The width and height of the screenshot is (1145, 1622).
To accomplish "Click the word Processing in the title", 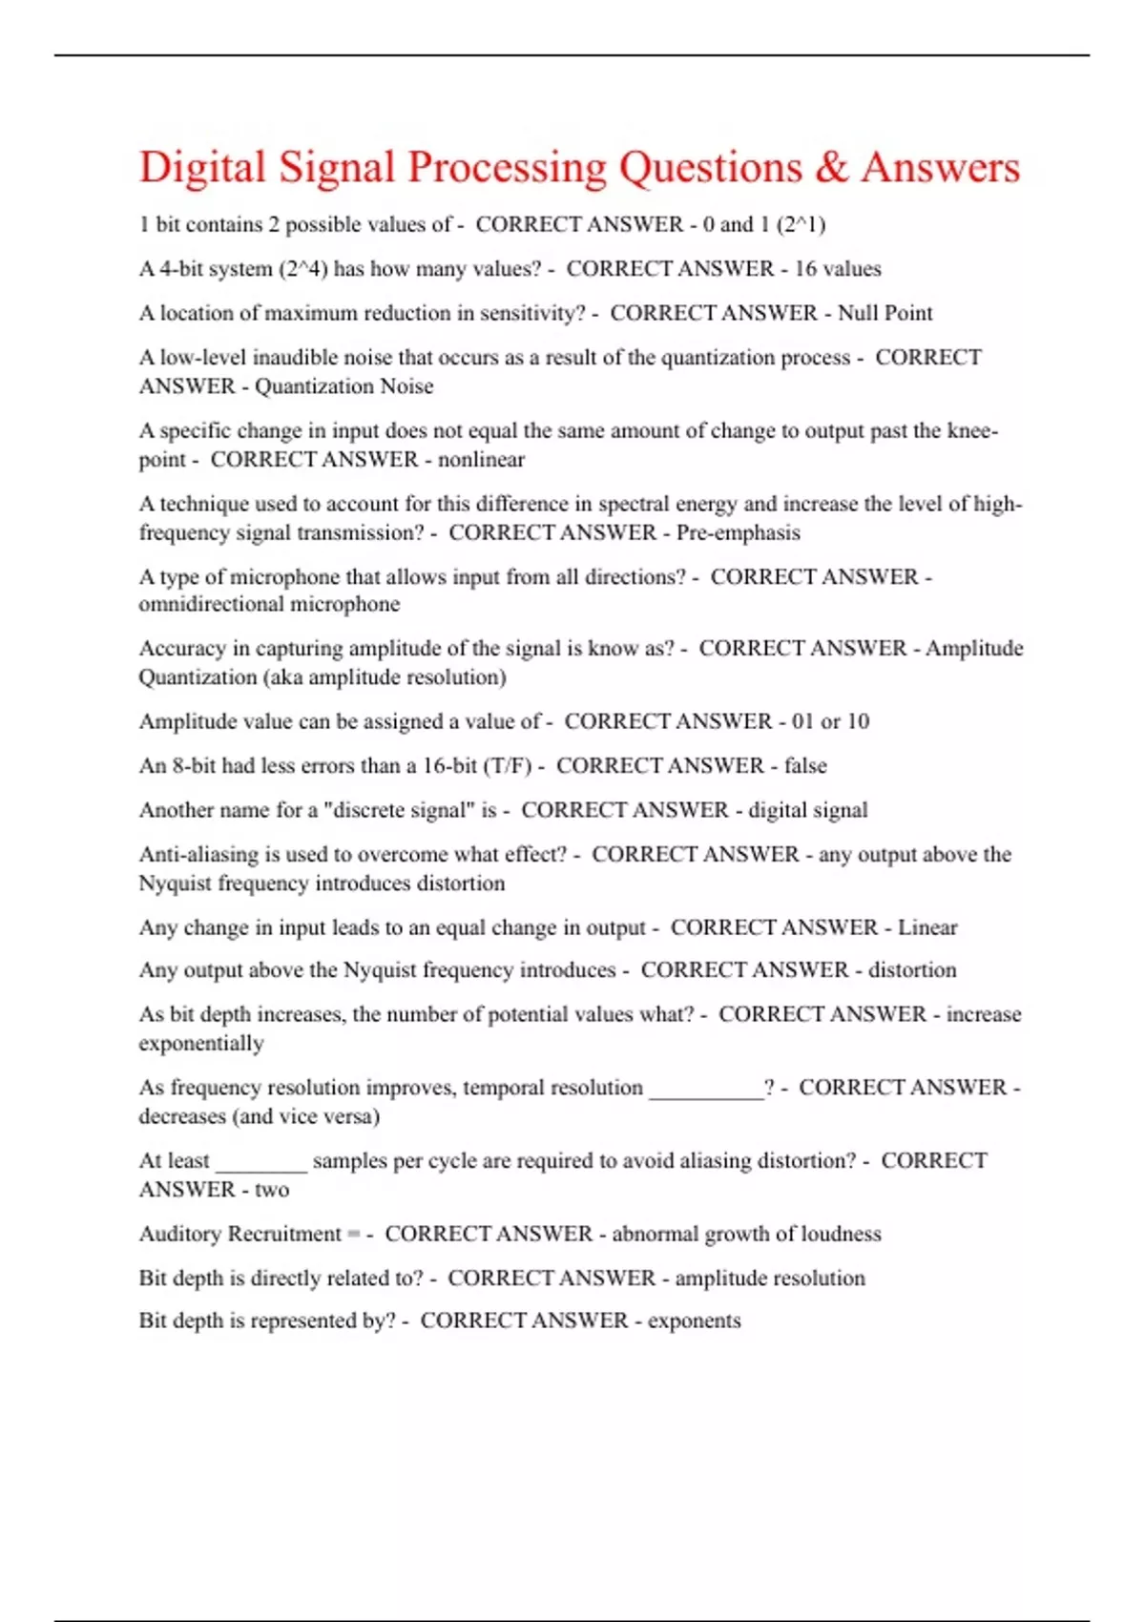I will tap(507, 168).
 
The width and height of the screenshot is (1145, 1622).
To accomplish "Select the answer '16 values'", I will tap(838, 269).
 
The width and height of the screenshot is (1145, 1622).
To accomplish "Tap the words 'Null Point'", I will tap(885, 313).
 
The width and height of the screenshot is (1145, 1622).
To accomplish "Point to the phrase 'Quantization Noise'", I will tap(343, 386).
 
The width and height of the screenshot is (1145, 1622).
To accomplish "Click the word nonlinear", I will tap(481, 460).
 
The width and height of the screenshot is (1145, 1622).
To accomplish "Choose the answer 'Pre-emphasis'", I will tap(738, 532).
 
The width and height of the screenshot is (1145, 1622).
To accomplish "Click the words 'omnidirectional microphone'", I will tap(269, 604).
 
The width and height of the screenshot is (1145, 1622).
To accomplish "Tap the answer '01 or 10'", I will tap(830, 721).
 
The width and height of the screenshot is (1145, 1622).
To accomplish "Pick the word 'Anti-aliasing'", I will tap(198, 854).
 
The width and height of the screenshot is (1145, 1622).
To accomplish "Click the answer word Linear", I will tap(926, 927).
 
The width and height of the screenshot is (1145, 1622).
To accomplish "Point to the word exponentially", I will tap(201, 1043).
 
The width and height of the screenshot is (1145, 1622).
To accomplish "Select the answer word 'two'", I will tap(272, 1190).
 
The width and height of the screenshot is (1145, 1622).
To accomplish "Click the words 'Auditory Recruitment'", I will tap(239, 1234).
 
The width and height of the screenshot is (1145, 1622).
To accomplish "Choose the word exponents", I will tap(694, 1320).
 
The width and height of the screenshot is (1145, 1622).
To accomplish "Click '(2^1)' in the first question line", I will tap(801, 225).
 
